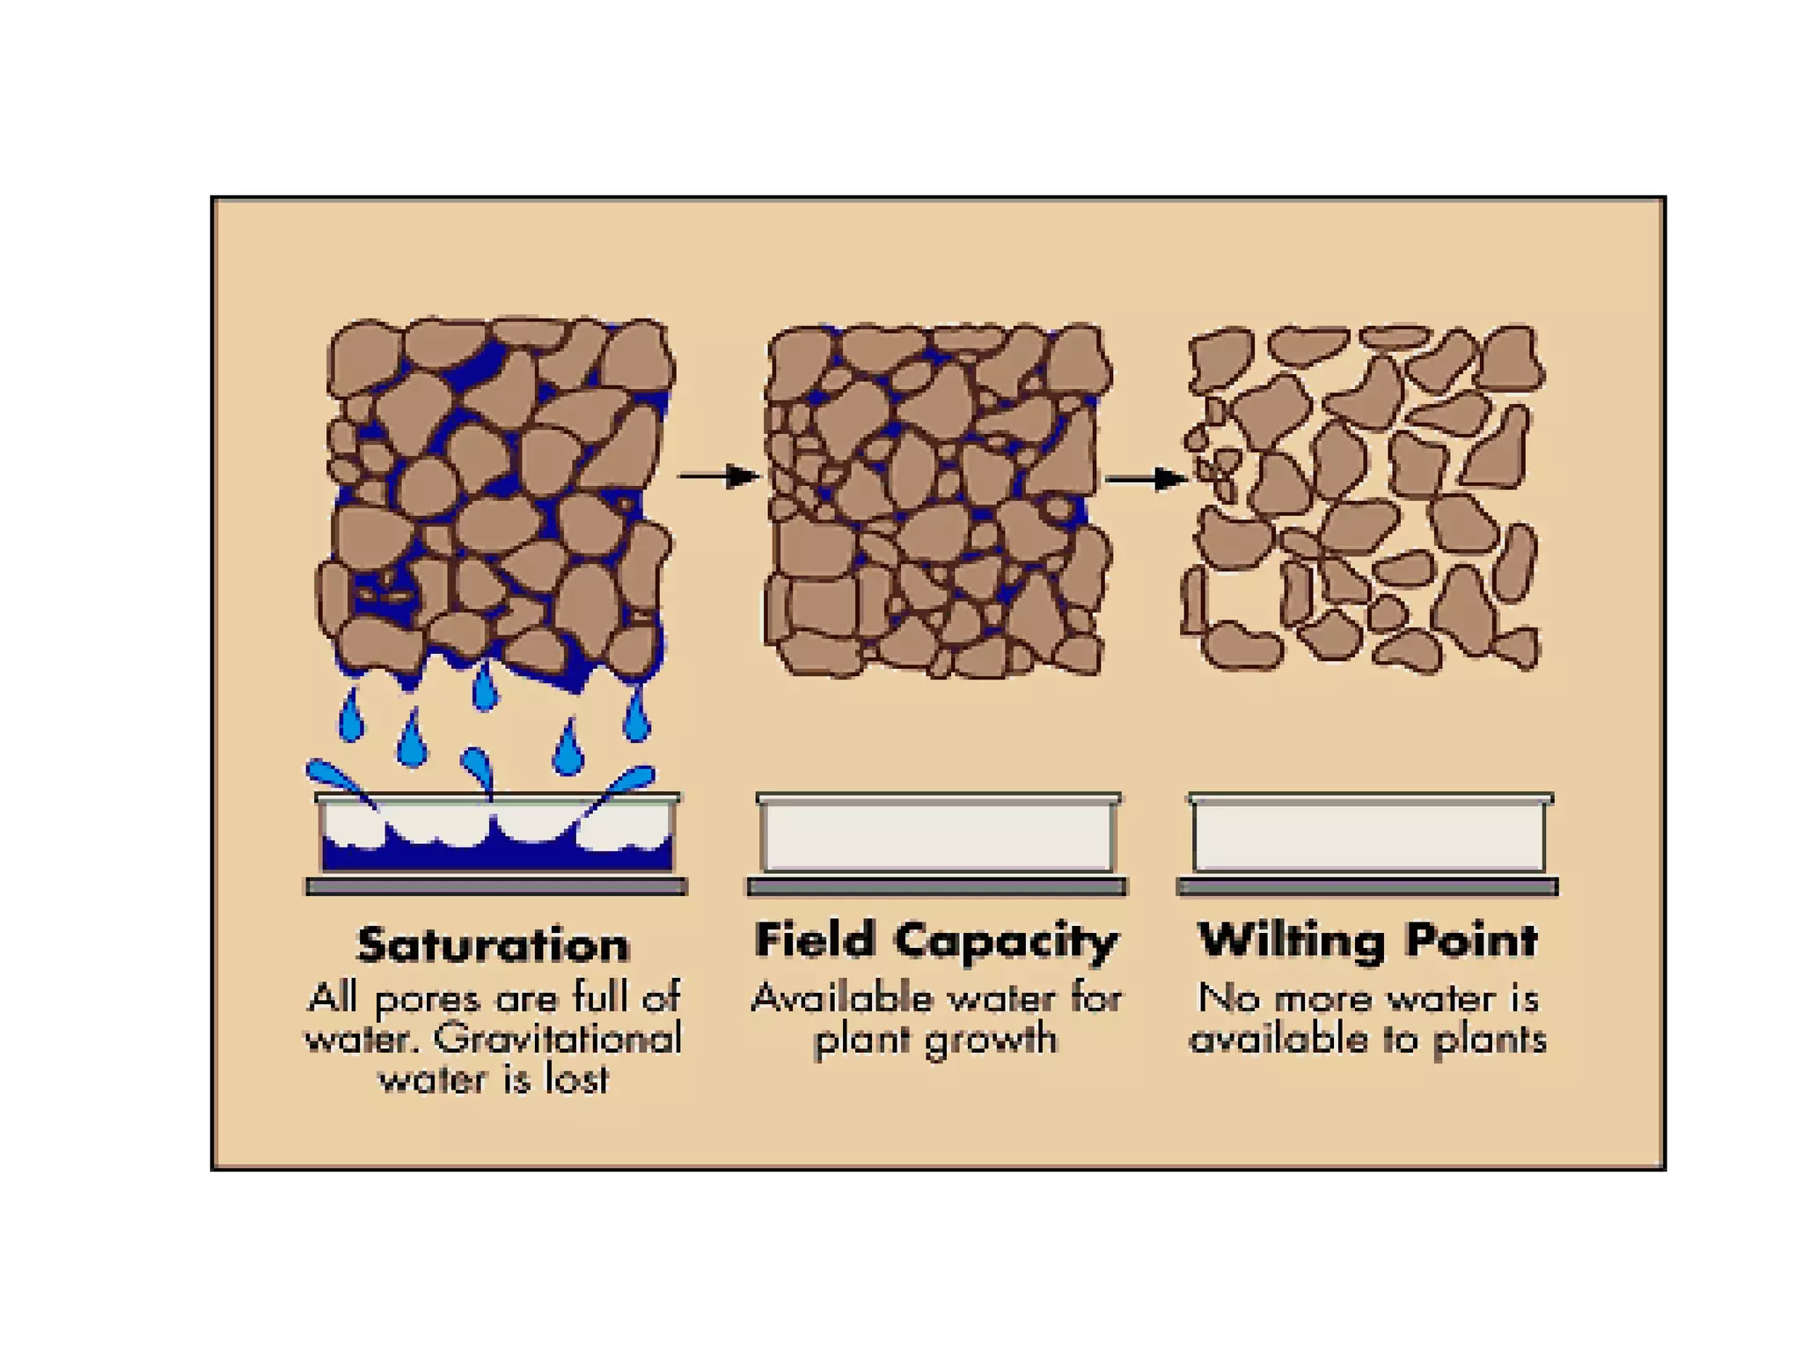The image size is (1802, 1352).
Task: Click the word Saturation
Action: point(493,946)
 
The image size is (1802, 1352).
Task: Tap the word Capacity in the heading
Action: point(1006,942)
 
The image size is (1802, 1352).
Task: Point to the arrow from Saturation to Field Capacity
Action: point(718,476)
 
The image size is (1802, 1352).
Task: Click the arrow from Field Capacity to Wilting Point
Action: point(1146,480)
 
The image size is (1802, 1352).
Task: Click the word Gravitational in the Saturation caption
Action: point(558,1040)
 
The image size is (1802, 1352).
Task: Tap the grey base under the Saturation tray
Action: point(496,886)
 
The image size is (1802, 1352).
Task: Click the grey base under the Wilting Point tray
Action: point(1367,886)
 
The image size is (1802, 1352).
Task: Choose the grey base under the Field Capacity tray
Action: point(937,886)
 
